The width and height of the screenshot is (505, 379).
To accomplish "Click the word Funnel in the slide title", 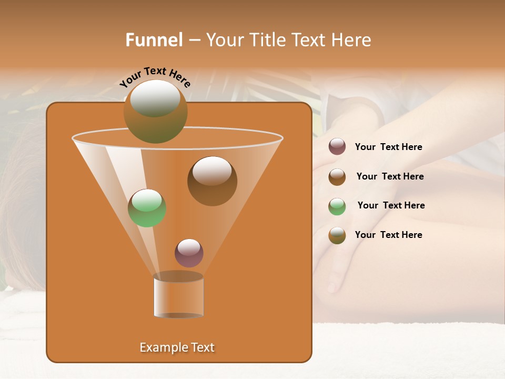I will click(154, 39).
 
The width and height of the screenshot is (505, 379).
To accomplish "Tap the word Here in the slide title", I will click(351, 39).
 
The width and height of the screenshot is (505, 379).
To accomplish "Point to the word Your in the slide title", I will click(225, 39).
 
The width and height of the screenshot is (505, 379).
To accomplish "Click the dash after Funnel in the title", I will click(194, 41).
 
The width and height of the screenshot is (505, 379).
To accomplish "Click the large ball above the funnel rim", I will click(155, 112).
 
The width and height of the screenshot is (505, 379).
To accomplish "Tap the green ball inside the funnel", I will click(147, 208).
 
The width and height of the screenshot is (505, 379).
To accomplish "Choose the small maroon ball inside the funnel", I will click(189, 253).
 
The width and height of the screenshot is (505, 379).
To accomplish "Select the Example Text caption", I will click(177, 347).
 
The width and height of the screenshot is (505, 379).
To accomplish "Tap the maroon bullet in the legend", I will click(337, 147).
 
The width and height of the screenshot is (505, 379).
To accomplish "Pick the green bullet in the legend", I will click(337, 206).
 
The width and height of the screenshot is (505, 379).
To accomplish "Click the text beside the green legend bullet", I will click(391, 205).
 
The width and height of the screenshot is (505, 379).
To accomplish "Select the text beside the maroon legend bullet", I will click(388, 147).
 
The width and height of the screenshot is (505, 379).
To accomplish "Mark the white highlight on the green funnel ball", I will click(147, 201).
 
